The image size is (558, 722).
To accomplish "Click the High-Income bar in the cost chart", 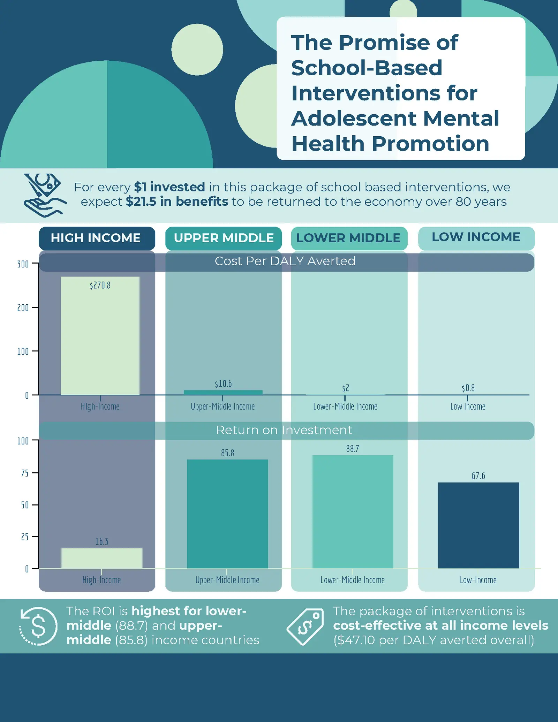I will pos(100,335).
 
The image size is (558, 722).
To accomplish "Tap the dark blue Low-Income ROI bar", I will pos(478,525).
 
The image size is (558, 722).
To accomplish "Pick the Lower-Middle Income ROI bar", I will pos(353,511).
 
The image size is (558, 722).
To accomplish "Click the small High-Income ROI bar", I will pos(102,558).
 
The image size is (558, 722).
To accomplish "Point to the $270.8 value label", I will pos(100,286).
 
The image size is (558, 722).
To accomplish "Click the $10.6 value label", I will pos(223,384).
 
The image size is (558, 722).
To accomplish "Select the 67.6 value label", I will pos(478,476).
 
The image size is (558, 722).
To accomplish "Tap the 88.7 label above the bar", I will pos(353,449).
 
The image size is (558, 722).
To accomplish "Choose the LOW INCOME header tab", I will pos(476,237).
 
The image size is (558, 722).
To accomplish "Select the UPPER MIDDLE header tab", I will pos(224,238).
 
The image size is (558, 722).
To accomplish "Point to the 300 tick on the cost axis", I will pos(23,264).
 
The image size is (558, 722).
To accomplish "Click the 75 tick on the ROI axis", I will pos(25,473).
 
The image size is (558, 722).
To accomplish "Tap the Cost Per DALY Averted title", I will pos(285,261).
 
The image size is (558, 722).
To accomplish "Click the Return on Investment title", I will pos(284,430).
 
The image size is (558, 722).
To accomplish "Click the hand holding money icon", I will pos(44,195).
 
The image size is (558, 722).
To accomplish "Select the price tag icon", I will pos(306,626).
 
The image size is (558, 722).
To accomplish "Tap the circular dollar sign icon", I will pos(38,626).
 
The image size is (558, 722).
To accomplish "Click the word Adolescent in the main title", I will pos(354,119).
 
